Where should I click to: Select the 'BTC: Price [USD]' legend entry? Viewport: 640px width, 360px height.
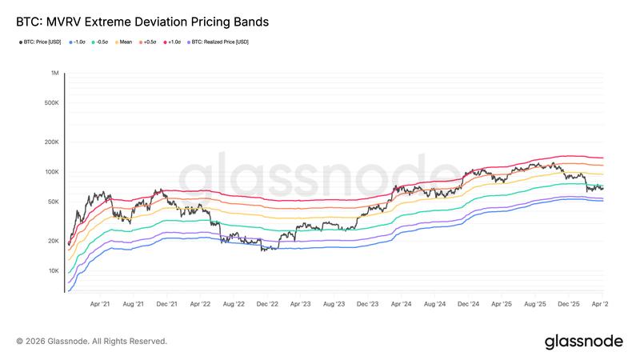[x=42, y=42]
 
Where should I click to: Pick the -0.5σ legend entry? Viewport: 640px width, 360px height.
[x=102, y=42]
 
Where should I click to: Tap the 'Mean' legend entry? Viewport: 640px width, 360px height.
[x=125, y=42]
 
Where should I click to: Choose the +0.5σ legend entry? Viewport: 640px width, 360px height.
[x=149, y=42]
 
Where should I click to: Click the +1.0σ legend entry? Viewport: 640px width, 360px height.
[x=173, y=42]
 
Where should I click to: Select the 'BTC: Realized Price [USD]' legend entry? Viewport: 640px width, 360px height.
[x=218, y=42]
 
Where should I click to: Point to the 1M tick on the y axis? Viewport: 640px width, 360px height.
[x=55, y=73]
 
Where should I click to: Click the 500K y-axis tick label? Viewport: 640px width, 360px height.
[x=51, y=102]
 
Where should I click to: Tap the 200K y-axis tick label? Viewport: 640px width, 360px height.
[x=51, y=142]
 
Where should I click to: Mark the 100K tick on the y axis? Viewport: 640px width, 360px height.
[x=51, y=171]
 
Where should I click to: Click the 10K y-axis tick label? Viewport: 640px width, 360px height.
[x=53, y=270]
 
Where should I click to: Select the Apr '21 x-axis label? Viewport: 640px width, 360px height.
[x=100, y=304]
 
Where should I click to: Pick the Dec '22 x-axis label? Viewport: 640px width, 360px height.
[x=267, y=304]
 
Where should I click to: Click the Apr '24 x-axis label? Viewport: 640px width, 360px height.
[x=401, y=304]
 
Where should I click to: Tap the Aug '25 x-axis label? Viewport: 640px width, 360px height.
[x=534, y=304]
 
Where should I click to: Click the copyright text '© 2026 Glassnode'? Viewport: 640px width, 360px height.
[x=91, y=342]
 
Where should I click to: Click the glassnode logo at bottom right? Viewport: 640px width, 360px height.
[x=583, y=342]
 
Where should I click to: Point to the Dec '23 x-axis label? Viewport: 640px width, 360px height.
[x=367, y=304]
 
